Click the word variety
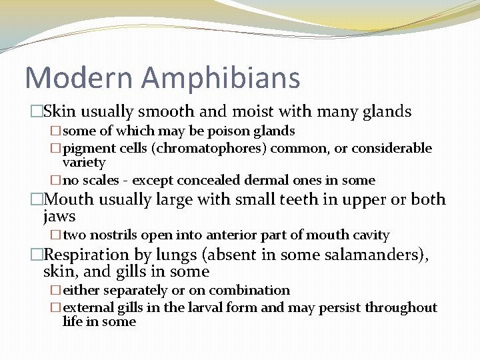[x=84, y=163]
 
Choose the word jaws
[x=59, y=217]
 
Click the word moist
[x=246, y=112]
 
